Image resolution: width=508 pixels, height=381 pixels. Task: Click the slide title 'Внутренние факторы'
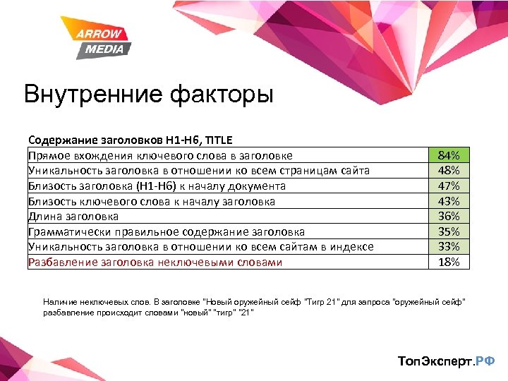click(x=148, y=94)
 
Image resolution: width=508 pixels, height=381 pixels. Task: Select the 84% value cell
click(x=449, y=155)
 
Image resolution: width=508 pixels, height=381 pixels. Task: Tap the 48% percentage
click(x=449, y=170)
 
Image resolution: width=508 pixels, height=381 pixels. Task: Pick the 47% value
click(x=449, y=186)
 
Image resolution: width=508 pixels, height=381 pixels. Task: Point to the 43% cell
click(x=449, y=201)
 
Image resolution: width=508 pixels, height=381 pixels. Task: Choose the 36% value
click(x=449, y=216)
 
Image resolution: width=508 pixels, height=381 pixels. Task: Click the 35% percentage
click(x=449, y=231)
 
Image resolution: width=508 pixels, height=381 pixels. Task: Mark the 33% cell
click(x=449, y=246)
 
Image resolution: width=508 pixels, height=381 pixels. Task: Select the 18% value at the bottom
click(x=449, y=262)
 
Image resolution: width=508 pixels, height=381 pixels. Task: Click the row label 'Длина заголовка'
click(x=73, y=217)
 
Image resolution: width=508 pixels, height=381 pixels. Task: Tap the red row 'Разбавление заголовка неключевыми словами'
click(x=155, y=262)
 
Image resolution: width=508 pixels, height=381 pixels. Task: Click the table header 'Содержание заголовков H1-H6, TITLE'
click(x=131, y=140)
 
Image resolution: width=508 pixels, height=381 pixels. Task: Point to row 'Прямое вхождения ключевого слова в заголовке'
click(x=160, y=155)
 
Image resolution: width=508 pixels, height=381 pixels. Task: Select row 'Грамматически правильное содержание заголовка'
click(x=167, y=231)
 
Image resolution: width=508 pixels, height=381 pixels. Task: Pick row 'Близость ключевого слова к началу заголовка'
click(x=152, y=201)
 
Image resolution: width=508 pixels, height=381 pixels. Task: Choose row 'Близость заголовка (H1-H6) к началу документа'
click(x=157, y=186)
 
